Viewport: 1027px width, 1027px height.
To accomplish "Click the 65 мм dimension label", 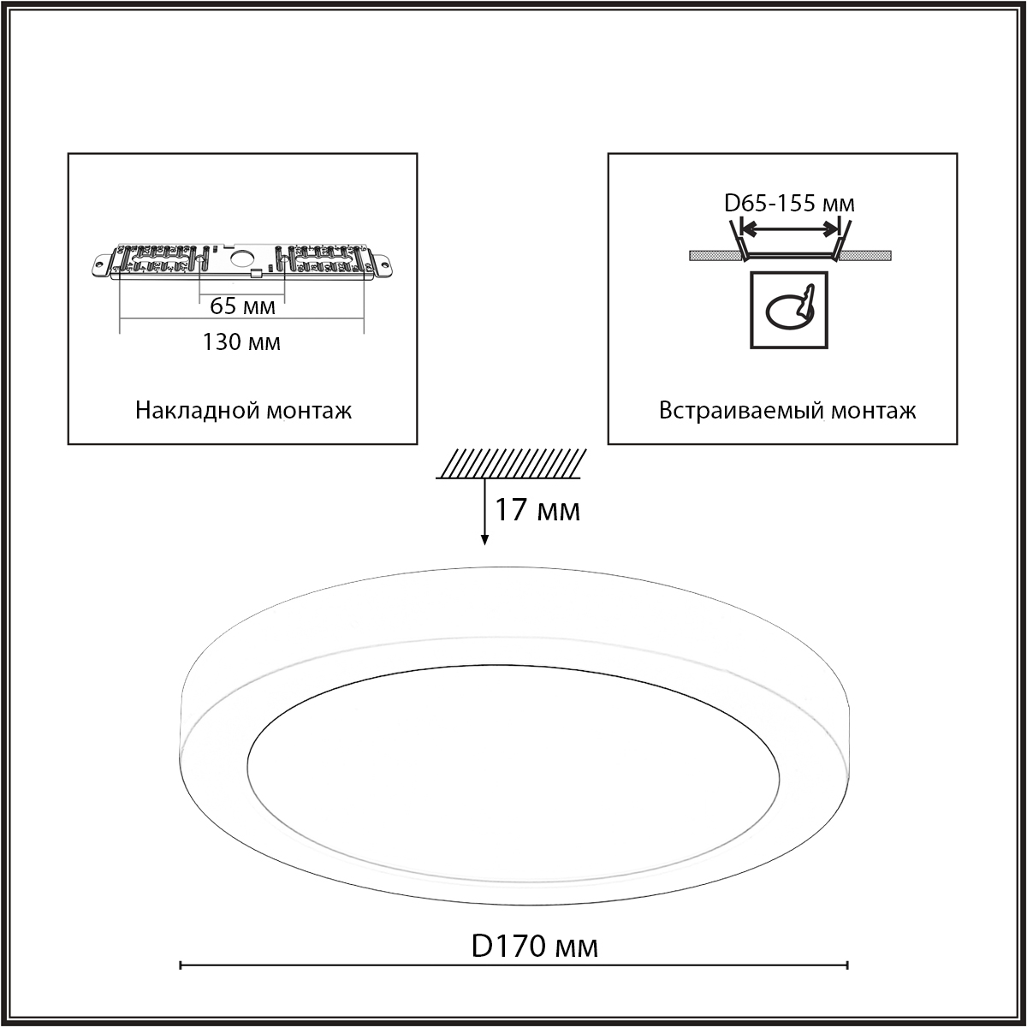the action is (x=242, y=306).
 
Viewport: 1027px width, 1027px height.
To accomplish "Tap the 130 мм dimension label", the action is (x=241, y=341).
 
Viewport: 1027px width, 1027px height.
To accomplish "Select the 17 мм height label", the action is (x=537, y=509).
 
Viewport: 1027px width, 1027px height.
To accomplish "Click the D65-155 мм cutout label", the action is (x=789, y=203).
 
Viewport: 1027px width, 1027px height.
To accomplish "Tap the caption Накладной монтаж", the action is (x=243, y=411).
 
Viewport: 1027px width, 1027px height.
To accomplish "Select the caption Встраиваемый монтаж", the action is (x=787, y=411).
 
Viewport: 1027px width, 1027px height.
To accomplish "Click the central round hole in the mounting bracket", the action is (x=242, y=259).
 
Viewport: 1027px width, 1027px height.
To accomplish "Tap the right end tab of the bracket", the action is (x=383, y=264).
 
